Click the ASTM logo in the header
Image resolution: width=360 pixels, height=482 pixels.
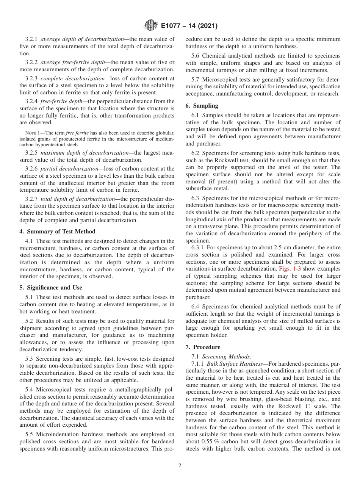coord(150,26)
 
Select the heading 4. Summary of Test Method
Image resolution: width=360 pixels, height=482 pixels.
coord(57,231)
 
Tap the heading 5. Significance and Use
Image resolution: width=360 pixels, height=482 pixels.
coord(50,288)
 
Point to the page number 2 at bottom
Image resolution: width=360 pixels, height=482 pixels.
coord(180,466)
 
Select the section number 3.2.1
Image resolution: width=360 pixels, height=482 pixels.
coord(31,39)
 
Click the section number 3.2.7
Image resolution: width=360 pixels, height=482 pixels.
coord(31,199)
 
